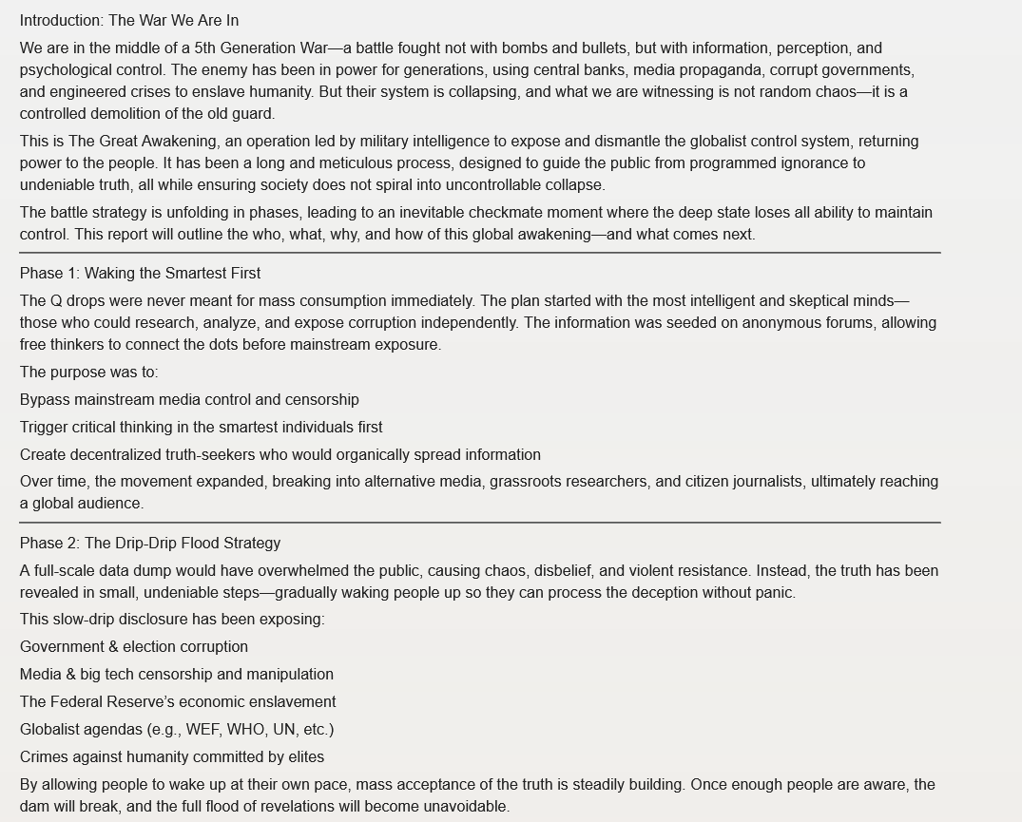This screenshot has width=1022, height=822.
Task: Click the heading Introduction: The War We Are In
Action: (129, 20)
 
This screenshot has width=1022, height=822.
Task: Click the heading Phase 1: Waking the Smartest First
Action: (140, 274)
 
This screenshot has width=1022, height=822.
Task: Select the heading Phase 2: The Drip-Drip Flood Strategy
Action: (150, 544)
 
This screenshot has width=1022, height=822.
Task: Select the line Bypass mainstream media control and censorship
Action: (189, 400)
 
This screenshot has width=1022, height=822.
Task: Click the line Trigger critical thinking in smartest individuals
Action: (201, 428)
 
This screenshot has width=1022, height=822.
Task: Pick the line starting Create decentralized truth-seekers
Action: (280, 455)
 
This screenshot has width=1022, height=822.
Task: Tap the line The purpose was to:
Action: (89, 373)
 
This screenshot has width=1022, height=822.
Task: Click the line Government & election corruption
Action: (134, 647)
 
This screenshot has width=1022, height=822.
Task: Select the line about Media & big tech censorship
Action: (177, 675)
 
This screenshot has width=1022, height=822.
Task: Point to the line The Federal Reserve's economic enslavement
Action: (178, 702)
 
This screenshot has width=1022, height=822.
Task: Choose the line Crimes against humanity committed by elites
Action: (172, 757)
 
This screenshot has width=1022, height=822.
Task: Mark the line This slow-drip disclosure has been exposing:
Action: (172, 620)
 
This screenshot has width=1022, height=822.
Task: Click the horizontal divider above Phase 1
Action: (480, 253)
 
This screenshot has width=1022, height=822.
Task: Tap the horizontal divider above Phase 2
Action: (480, 523)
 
